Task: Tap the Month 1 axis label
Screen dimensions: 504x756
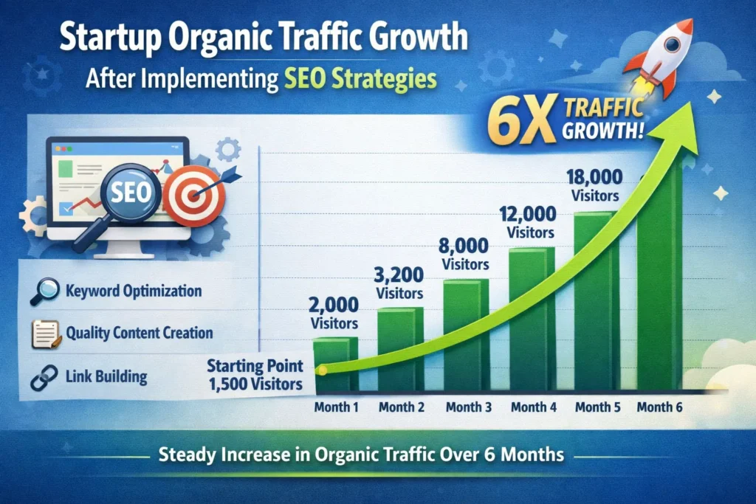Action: click(x=336, y=407)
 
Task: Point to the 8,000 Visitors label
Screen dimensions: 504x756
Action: click(x=465, y=253)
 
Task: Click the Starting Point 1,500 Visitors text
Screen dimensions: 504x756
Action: click(x=254, y=374)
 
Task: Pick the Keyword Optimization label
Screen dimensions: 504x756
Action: click(x=133, y=291)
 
